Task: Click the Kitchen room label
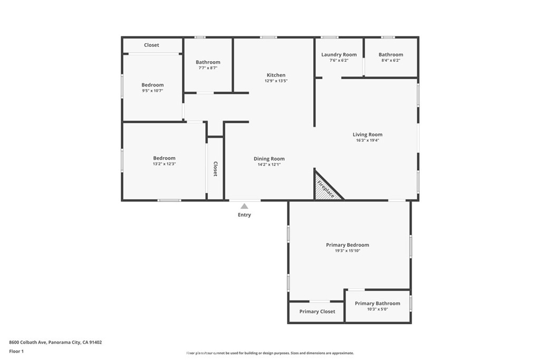[276, 75]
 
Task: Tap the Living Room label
[368, 134]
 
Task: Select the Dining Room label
[269, 159]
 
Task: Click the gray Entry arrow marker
[244, 206]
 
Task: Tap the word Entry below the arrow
[244, 215]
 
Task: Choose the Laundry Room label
[339, 55]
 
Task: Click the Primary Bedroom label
[348, 245]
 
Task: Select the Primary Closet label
[317, 312]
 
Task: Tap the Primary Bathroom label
[378, 303]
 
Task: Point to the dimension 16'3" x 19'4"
[368, 140]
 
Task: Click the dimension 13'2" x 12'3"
[165, 164]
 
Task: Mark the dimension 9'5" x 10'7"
[152, 91]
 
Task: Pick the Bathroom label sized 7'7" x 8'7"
[208, 62]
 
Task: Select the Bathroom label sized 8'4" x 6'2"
[391, 55]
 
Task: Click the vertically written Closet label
[215, 169]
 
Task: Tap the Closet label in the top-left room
[151, 45]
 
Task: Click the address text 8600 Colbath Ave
[27, 342]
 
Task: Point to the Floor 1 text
[16, 352]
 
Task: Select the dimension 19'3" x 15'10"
[348, 251]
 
